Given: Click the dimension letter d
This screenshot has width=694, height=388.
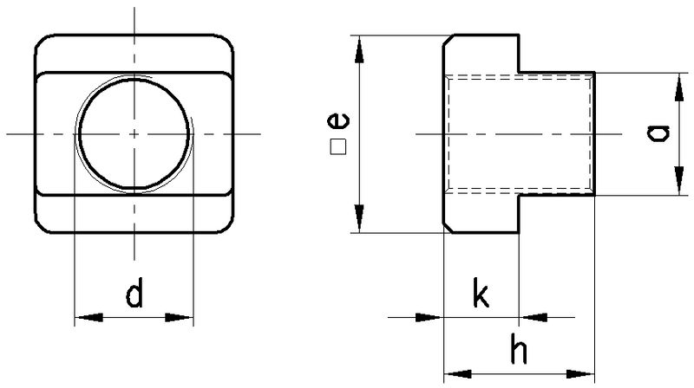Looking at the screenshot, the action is click(134, 292).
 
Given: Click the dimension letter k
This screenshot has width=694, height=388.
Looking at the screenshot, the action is click(481, 292).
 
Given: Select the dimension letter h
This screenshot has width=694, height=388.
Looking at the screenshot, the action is click(518, 349).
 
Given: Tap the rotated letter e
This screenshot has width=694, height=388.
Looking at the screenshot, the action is click(338, 120).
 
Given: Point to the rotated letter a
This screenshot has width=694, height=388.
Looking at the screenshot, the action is click(658, 133).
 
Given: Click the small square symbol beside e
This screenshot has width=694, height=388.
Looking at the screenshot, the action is click(338, 147).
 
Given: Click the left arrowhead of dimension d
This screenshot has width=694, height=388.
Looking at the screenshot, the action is click(88, 317).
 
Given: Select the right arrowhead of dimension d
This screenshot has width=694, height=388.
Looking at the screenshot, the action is click(180, 317).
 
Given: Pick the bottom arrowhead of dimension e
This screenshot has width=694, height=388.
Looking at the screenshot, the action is click(359, 218).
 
